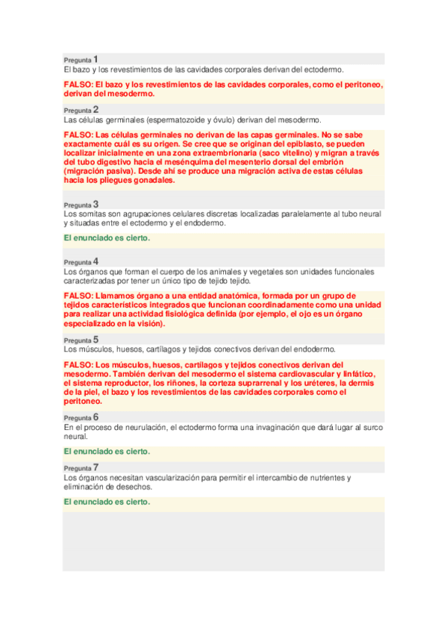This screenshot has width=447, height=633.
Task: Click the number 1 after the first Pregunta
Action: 96,58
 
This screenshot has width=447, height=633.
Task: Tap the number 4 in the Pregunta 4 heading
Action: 96,261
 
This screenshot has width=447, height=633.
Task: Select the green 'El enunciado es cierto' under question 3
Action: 107,238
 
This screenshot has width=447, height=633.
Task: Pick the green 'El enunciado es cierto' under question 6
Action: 107,452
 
